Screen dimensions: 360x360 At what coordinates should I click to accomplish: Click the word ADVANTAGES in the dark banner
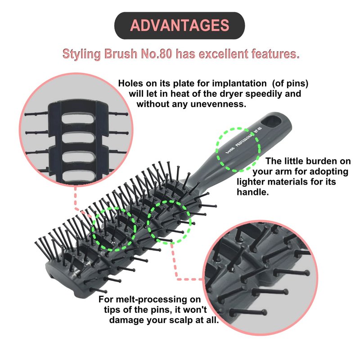click(180, 25)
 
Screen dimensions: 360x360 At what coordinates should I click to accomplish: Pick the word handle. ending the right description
click(252, 192)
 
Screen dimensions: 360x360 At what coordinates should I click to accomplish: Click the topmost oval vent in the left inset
click(78, 119)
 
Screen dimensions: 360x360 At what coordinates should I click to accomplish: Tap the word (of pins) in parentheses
click(290, 84)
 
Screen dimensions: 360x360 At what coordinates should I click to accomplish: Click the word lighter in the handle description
click(251, 182)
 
